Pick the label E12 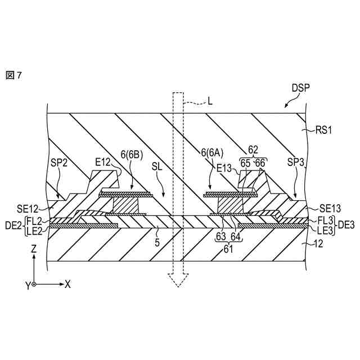pos(103,163)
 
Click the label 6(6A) pos(211,152)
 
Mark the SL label pos(158,168)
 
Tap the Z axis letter pos(34,248)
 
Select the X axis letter pos(67,284)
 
